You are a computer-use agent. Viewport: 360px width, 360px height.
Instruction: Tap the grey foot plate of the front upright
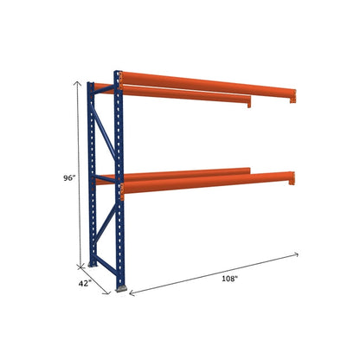point(122,288)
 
